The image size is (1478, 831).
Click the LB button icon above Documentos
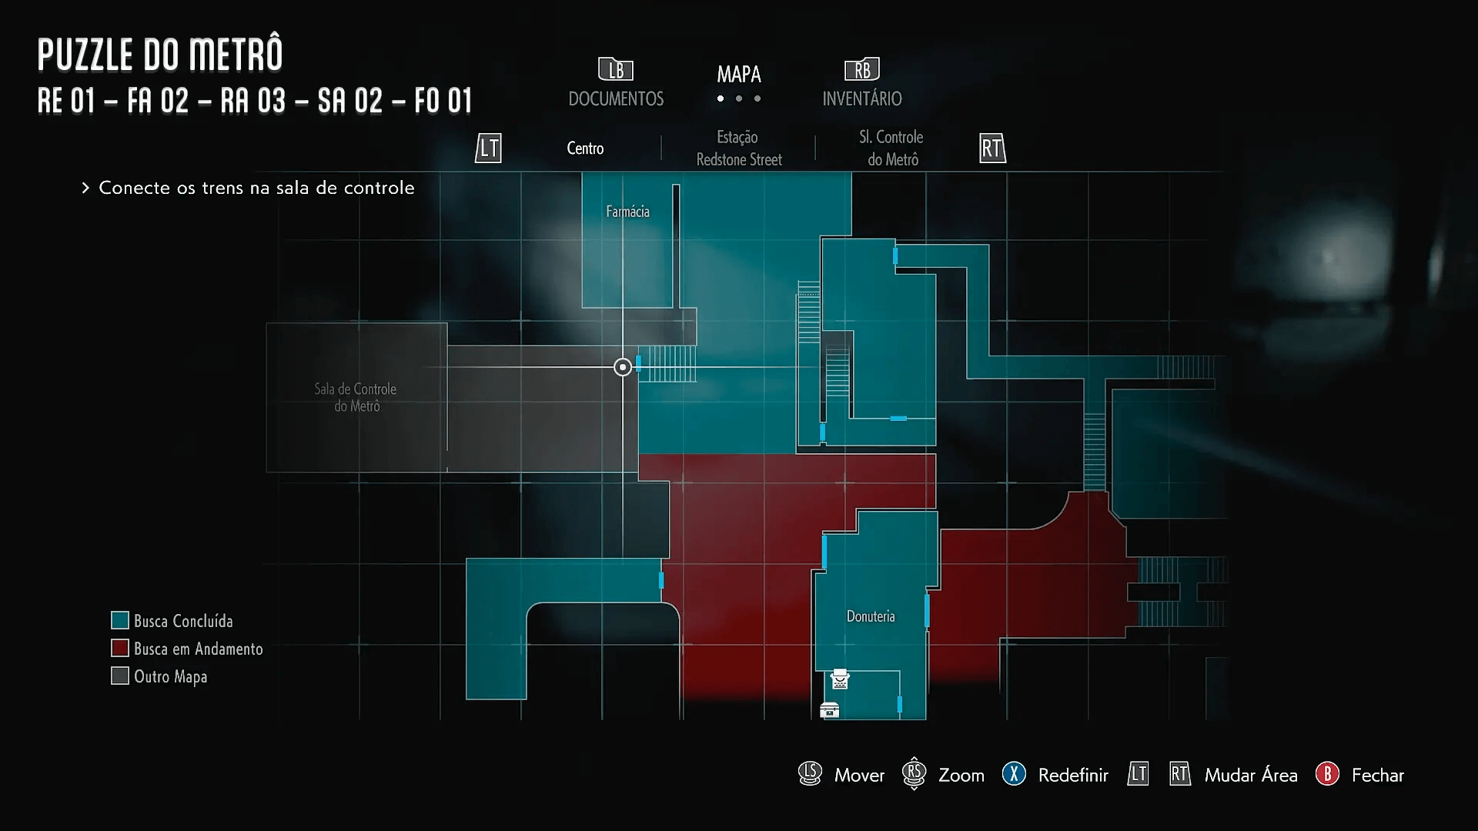click(616, 70)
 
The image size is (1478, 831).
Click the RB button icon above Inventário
click(862, 70)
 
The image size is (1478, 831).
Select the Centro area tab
click(585, 149)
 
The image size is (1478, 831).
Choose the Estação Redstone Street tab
click(738, 149)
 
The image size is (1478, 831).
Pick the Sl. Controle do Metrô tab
click(892, 149)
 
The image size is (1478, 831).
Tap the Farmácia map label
click(627, 212)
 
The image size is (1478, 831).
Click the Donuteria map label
click(871, 616)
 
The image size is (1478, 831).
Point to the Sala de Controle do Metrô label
click(356, 397)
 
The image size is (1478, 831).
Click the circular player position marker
click(623, 367)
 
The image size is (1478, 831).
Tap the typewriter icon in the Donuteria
click(840, 679)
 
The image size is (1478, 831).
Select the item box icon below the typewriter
click(829, 710)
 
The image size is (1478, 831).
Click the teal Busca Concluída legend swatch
click(119, 620)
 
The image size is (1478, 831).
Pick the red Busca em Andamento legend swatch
click(119, 648)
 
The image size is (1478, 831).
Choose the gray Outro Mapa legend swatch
click(119, 676)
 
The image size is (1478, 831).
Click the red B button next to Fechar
click(1327, 774)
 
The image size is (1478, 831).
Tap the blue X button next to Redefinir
click(1014, 774)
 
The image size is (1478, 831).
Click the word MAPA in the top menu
click(739, 75)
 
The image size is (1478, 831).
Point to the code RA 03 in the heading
click(253, 101)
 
